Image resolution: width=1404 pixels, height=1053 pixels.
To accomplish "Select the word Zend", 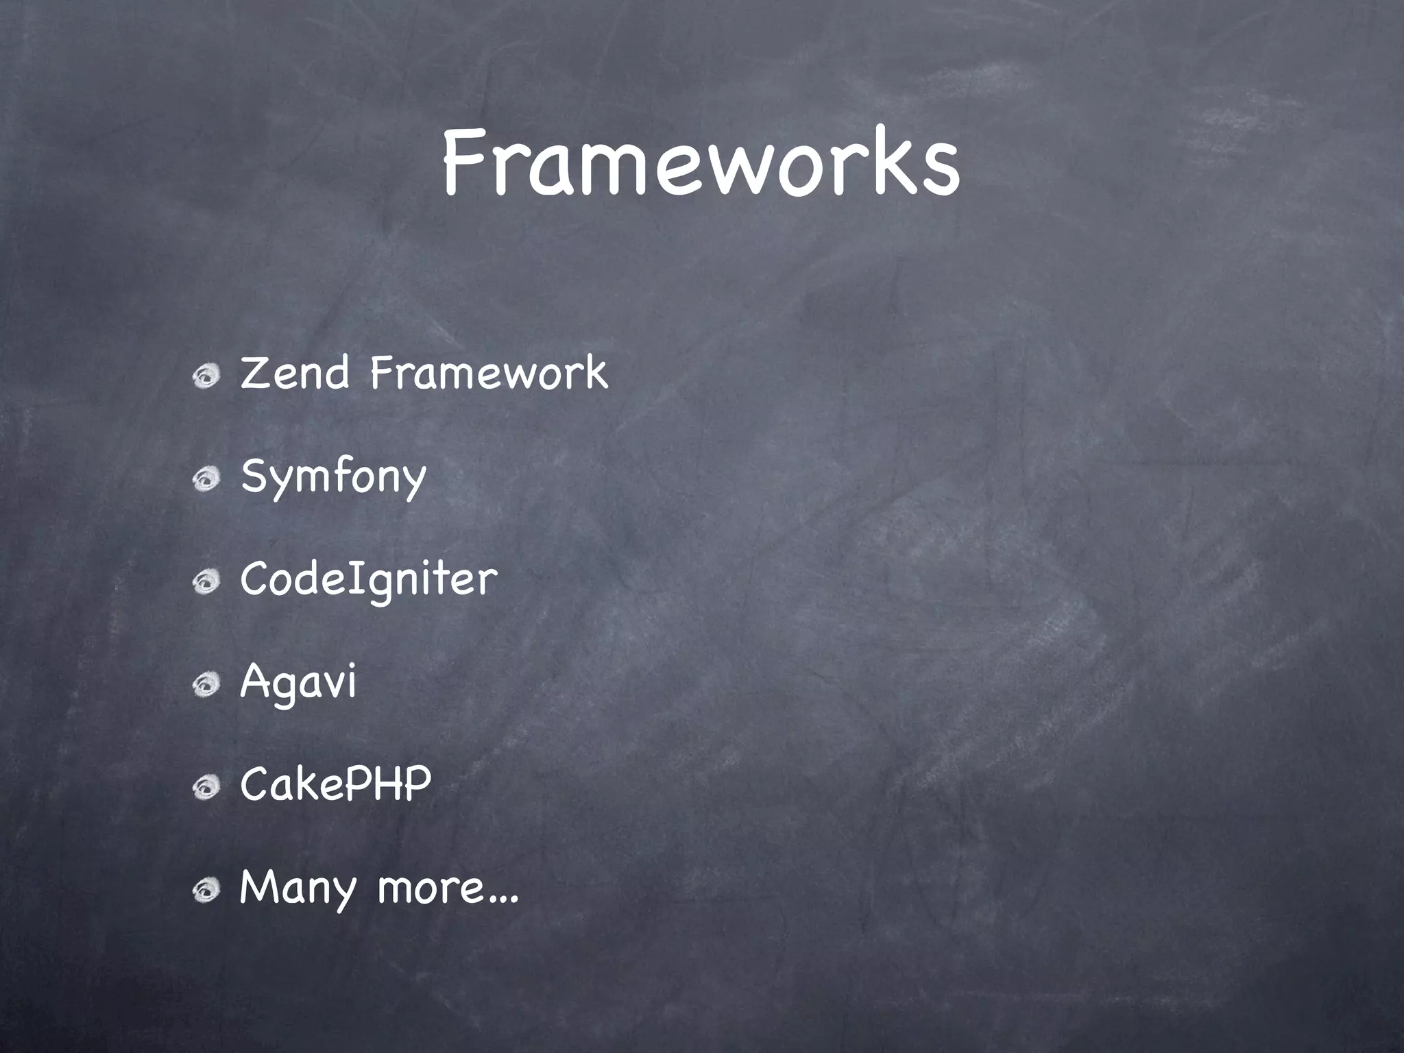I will click(295, 374).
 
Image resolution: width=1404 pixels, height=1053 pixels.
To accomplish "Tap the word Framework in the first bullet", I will click(489, 374).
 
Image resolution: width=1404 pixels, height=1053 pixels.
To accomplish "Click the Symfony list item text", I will click(333, 477).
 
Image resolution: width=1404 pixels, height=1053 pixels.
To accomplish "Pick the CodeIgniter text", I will click(368, 580).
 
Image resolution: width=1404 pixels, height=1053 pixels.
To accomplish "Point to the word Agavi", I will click(298, 683).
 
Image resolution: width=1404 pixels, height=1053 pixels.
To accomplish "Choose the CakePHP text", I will click(335, 784).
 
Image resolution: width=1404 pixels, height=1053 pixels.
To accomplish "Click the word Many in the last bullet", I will click(298, 888).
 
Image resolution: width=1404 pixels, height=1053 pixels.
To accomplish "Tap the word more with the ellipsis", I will click(448, 887).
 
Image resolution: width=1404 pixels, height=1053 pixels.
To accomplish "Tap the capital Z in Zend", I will click(255, 374).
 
